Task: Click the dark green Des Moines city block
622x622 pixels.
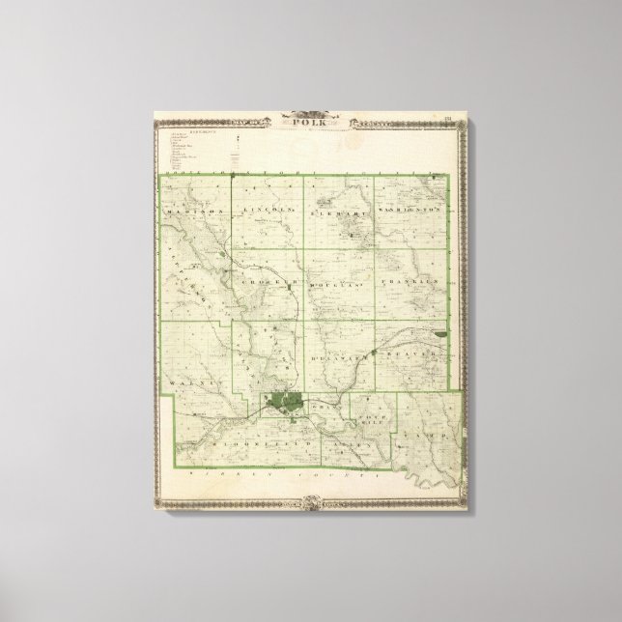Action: coord(285,400)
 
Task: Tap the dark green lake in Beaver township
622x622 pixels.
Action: coord(441,334)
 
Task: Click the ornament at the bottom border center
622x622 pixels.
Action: coord(310,501)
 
